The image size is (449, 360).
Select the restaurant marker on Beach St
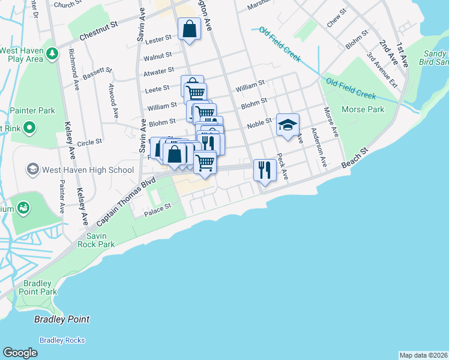pos(264,170)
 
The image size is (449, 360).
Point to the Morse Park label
pos(363,110)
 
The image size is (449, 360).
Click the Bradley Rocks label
pos(62,340)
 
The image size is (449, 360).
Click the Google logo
pos(20,353)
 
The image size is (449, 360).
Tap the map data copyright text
pos(423,355)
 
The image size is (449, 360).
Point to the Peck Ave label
pos(283,166)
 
